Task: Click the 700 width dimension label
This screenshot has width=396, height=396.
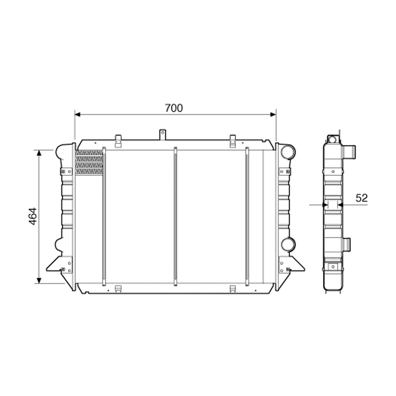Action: click(x=174, y=108)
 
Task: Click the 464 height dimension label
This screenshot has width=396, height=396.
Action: click(x=33, y=216)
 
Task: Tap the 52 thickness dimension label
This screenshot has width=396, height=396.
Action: click(x=361, y=198)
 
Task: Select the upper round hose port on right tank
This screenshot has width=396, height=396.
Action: click(x=288, y=152)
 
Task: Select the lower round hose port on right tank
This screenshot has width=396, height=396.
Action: click(x=288, y=244)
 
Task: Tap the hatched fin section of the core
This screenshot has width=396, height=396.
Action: click(x=89, y=162)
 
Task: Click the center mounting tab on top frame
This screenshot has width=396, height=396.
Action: click(x=162, y=134)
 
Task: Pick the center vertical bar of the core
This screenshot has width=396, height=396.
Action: click(x=175, y=216)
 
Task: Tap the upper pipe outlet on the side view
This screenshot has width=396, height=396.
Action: click(x=349, y=151)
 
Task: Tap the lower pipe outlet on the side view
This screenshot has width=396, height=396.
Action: click(x=346, y=244)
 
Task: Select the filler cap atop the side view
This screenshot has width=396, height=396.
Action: click(x=333, y=139)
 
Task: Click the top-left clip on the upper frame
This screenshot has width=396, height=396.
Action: click(x=118, y=140)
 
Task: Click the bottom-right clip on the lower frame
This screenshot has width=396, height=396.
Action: click(x=232, y=288)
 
